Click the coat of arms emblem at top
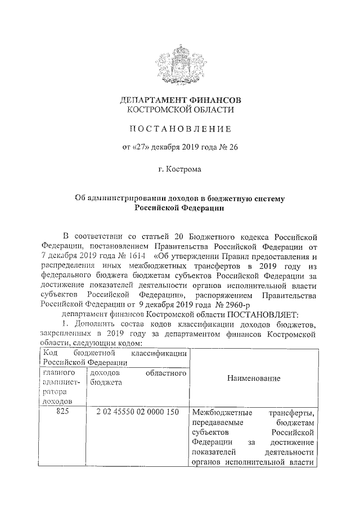click(180, 61)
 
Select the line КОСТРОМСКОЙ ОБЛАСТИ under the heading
click(180, 110)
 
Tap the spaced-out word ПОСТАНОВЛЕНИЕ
click(180, 130)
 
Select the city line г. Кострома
click(180, 169)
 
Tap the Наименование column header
click(254, 379)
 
